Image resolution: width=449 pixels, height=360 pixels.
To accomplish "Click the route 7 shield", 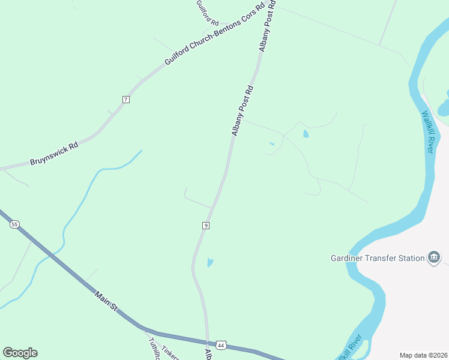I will [125, 99].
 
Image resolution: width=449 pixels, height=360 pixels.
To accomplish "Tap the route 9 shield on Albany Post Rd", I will [206, 225].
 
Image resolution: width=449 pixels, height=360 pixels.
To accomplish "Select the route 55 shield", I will [14, 224].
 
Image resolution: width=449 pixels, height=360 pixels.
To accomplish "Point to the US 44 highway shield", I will [221, 346].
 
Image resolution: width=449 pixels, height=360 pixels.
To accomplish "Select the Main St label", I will [106, 301].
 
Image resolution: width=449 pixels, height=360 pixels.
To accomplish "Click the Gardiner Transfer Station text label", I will [378, 259].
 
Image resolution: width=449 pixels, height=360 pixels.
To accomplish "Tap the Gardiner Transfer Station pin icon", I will [434, 258].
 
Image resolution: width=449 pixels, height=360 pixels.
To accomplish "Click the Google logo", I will [20, 353].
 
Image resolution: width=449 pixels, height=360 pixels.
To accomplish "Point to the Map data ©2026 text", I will [423, 355].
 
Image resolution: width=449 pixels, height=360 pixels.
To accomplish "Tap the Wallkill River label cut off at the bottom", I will [350, 348].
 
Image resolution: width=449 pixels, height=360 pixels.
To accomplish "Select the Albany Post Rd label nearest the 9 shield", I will [243, 111].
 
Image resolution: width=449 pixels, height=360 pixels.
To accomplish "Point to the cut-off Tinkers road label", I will [170, 352].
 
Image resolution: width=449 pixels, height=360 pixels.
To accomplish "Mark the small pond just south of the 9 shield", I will [209, 262].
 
